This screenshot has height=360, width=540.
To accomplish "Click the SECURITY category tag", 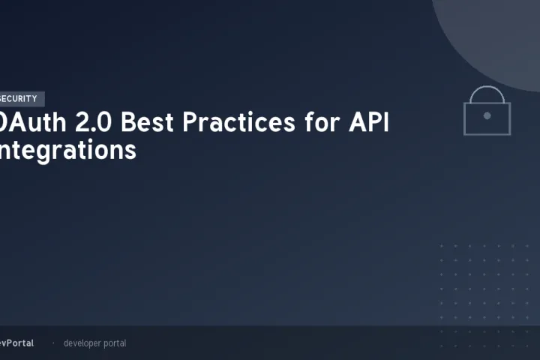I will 21,99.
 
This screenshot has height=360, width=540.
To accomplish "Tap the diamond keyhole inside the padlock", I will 487,116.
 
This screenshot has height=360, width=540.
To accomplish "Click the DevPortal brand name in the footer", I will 16,343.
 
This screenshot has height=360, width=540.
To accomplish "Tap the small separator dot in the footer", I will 52,343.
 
